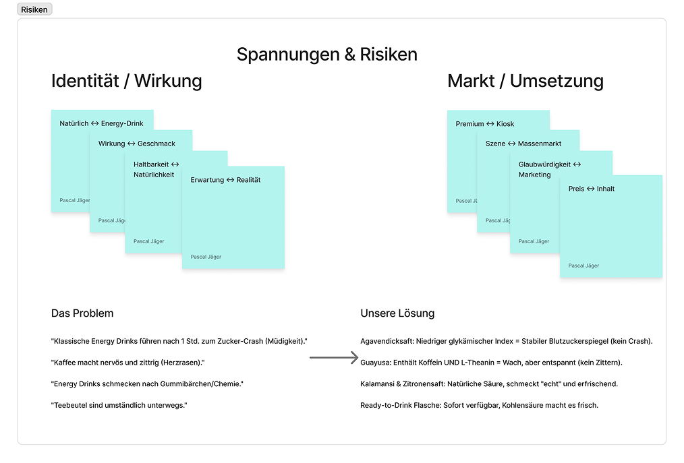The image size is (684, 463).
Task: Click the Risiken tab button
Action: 34,9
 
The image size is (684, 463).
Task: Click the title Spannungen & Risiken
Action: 326,55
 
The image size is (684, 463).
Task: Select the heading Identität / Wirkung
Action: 126,81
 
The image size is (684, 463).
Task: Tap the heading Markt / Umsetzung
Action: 525,81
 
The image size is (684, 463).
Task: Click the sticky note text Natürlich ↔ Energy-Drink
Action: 101,123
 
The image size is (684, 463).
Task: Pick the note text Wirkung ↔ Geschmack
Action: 137,144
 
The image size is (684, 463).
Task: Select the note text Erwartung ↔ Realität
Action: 225,180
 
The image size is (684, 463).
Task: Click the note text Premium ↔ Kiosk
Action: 484,124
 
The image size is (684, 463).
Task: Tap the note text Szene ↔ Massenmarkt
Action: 523,144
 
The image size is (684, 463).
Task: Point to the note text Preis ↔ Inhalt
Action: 591,189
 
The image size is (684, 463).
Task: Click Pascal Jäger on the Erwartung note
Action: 206,257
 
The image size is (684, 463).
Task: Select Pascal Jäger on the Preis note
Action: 583,266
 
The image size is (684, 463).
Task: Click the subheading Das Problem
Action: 82,313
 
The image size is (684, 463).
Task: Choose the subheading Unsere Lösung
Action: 397,313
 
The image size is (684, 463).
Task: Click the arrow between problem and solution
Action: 334,359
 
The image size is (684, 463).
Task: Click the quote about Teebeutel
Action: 119,405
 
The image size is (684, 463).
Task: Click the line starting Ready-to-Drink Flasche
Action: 479,405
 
